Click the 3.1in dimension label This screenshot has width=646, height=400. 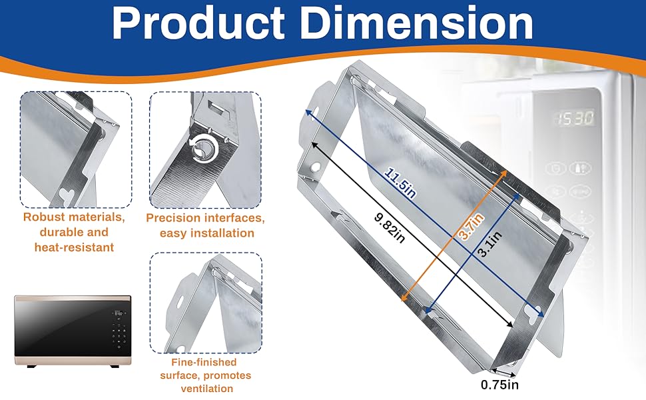pos(489,244)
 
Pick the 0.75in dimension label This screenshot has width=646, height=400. pos(499,385)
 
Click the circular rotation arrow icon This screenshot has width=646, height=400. pos(202,147)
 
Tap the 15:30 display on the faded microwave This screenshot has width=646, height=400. pos(575,119)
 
